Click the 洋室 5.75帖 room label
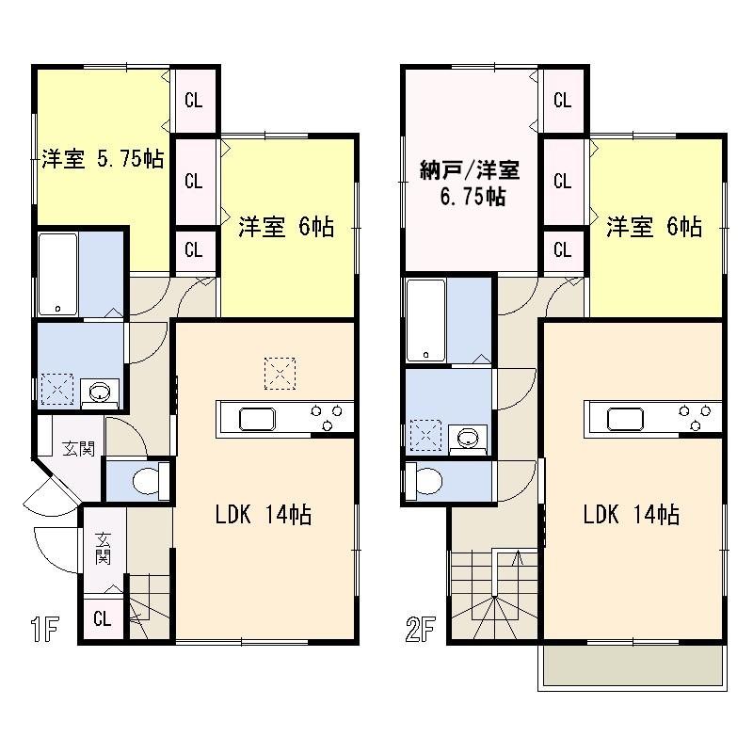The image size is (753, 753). pyautogui.click(x=102, y=159)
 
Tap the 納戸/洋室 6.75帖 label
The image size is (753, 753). pyautogui.click(x=470, y=184)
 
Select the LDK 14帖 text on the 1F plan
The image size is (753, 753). pyautogui.click(x=264, y=515)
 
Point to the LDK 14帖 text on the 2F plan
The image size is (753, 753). pyautogui.click(x=632, y=515)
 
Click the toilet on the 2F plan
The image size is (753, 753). pyautogui.click(x=423, y=481)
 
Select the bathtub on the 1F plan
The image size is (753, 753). pyautogui.click(x=58, y=274)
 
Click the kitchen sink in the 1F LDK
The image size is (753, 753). pyautogui.click(x=255, y=418)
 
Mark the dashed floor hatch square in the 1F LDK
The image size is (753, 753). pyautogui.click(x=280, y=373)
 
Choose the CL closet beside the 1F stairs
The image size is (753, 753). pyautogui.click(x=103, y=619)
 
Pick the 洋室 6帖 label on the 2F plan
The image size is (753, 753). pyautogui.click(x=653, y=227)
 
